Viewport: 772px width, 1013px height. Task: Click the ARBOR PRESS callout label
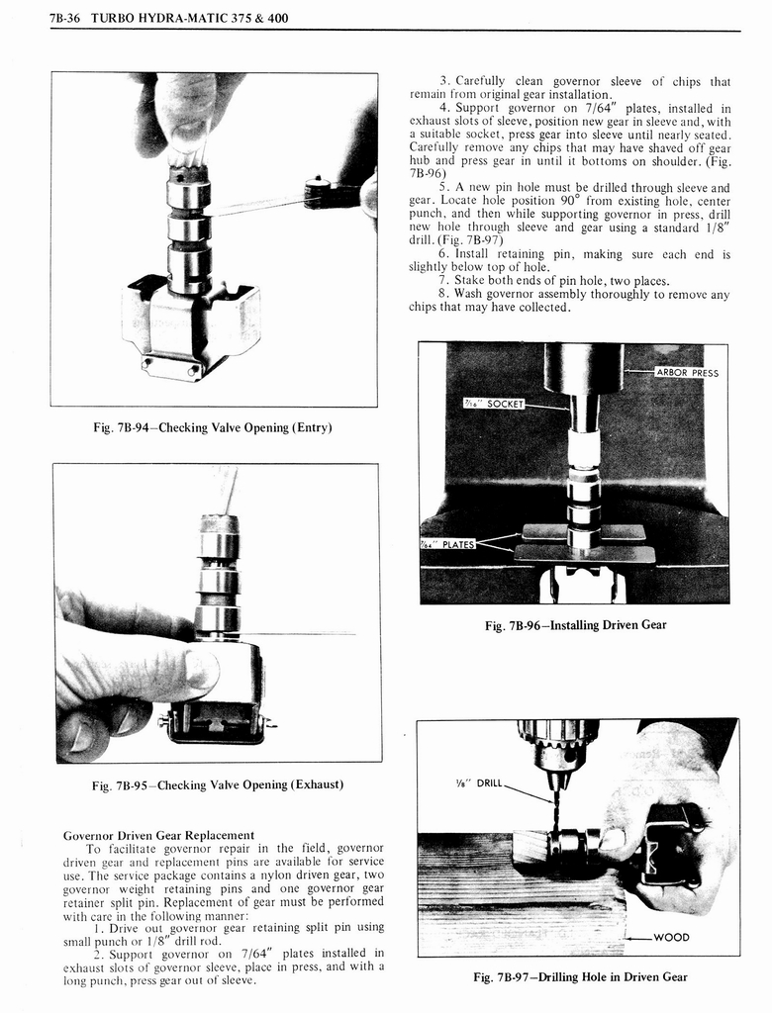(686, 373)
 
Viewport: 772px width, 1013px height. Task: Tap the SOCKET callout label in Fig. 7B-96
(493, 404)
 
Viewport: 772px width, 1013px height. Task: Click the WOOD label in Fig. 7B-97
(672, 937)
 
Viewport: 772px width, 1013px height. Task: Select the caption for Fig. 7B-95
(217, 784)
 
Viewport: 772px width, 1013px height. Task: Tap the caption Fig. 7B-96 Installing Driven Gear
(575, 625)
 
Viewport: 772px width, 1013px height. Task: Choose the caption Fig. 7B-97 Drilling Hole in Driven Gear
(580, 977)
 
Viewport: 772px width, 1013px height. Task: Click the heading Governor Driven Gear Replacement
(158, 835)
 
